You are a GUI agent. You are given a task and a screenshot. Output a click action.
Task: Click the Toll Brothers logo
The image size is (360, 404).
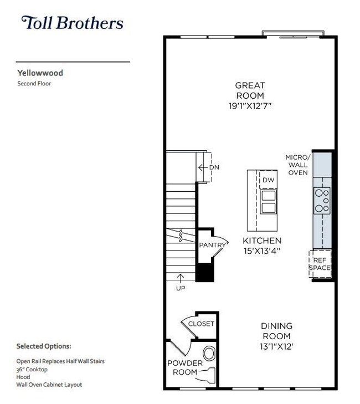[72, 23]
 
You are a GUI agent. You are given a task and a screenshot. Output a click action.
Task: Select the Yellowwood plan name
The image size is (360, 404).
[39, 72]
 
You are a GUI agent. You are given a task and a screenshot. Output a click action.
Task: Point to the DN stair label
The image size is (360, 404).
[213, 168]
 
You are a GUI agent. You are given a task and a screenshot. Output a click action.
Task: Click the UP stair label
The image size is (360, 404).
[181, 288]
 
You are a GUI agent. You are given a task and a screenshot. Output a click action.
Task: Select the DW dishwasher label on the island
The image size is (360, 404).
[268, 180]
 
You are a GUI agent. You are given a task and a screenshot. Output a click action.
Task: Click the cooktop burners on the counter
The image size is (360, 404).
[322, 200]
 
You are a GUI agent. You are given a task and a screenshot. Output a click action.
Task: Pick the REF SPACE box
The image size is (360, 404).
[320, 264]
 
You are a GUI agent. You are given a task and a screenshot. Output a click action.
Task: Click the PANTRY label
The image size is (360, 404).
[213, 245]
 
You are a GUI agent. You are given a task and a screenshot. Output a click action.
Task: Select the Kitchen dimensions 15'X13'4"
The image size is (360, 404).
[262, 251]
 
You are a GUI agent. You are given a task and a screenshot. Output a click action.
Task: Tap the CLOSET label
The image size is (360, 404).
[201, 324]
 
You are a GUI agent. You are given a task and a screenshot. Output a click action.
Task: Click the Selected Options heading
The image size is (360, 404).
[44, 346]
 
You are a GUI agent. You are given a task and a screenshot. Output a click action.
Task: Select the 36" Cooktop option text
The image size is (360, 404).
[32, 369]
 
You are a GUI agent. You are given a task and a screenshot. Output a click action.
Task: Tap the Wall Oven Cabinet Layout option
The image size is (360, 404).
[49, 385]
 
